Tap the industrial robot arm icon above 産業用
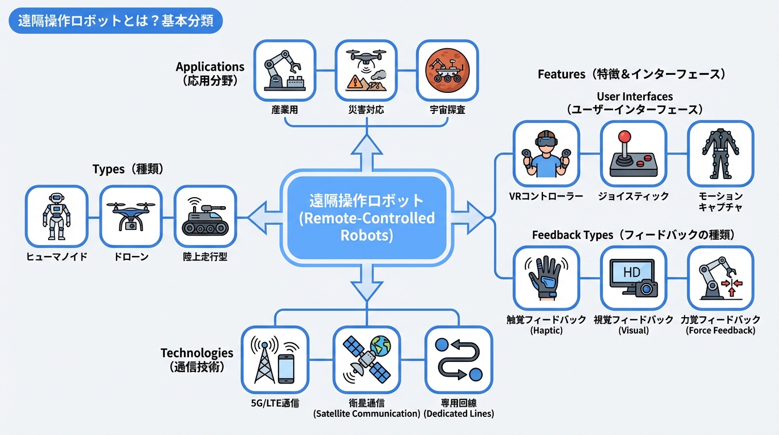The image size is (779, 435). pyautogui.click(x=284, y=70)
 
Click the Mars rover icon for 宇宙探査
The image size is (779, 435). pyautogui.click(x=447, y=70)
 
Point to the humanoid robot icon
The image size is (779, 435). pyautogui.click(x=57, y=216)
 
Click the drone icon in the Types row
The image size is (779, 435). pyautogui.click(x=131, y=216)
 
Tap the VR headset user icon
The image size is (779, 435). pyautogui.click(x=546, y=153)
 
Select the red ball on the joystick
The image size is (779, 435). pyautogui.click(x=624, y=138)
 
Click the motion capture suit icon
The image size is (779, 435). pyautogui.click(x=720, y=153)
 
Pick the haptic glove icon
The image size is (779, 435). pyautogui.click(x=546, y=278)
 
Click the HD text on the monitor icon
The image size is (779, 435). pyautogui.click(x=631, y=272)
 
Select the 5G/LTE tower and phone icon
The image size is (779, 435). pyautogui.click(x=275, y=360)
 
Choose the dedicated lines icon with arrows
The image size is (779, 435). pyautogui.click(x=459, y=360)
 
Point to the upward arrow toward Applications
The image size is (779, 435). pyautogui.click(x=366, y=153)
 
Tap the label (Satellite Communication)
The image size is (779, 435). pyautogui.click(x=366, y=414)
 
